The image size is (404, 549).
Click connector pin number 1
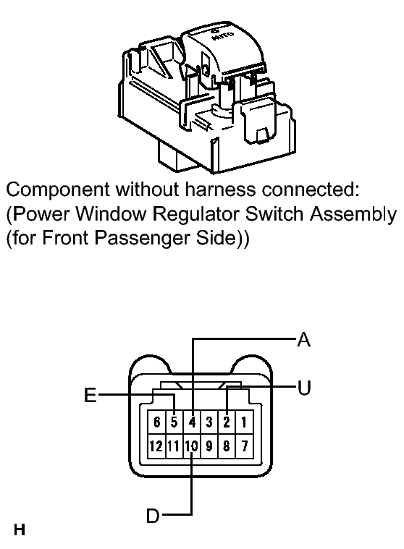tap(244, 422)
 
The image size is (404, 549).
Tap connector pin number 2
tap(227, 422)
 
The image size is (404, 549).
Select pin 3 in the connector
tap(209, 422)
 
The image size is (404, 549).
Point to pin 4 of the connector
tap(192, 422)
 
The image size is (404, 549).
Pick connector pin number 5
tap(174, 422)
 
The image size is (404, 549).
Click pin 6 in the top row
tap(157, 422)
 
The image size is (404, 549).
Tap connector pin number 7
tap(244, 446)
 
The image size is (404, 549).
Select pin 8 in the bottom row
tap(227, 446)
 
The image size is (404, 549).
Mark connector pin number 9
tap(209, 446)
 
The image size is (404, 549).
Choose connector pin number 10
tap(192, 446)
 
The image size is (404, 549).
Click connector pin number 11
tap(174, 446)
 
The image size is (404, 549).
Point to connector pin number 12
tap(157, 446)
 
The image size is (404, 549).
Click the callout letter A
tap(304, 340)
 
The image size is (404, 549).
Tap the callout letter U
tap(304, 388)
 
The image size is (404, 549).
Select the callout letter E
tap(91, 396)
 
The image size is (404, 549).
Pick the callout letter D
tap(153, 516)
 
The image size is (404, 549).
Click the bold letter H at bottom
tap(20, 529)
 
